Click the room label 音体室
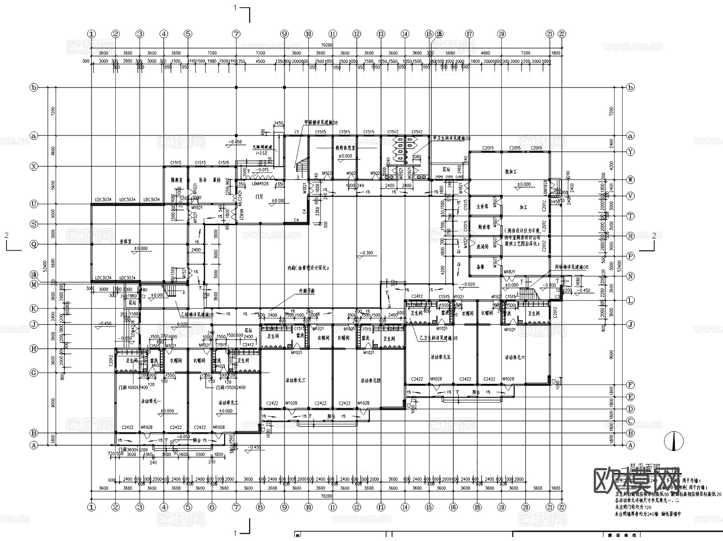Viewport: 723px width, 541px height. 125,242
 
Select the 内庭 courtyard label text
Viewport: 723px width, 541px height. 308,268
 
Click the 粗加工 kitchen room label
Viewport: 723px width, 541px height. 511,172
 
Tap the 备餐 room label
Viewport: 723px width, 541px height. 480,267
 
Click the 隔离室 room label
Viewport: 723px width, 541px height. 176,180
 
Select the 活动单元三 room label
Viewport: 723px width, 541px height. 295,380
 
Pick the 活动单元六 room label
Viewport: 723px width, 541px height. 515,357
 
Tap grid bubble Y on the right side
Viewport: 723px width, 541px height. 630,152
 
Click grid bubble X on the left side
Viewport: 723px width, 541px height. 34,166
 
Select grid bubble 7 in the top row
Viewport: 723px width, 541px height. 236,34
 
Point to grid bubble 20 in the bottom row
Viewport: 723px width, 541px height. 525,507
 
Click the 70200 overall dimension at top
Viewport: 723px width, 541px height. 326,45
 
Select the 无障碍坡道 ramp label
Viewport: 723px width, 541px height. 262,147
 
